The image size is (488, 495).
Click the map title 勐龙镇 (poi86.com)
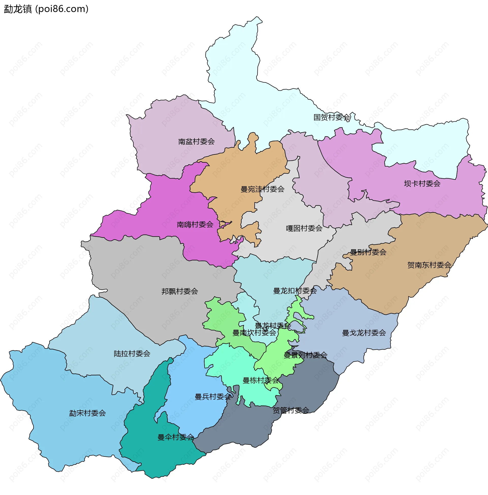tap(46, 9)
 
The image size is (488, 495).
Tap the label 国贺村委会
tap(332, 117)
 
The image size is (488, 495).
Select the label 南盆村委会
tap(196, 142)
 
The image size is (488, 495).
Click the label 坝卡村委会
tap(422, 184)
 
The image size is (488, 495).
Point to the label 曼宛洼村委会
tap(263, 189)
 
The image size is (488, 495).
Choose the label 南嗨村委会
tap(195, 224)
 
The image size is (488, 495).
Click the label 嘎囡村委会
tap(304, 228)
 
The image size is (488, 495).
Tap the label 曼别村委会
tap(368, 252)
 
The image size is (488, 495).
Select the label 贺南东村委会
tap(429, 265)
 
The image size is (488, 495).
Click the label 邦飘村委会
tap(180, 291)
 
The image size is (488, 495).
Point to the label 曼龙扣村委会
tap(295, 291)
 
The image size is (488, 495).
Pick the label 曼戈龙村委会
tap(364, 333)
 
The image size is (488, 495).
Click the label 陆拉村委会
tap(132, 354)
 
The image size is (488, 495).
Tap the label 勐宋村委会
tap(87, 413)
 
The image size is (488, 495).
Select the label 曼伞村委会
tap(176, 437)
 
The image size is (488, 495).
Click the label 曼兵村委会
tap(213, 397)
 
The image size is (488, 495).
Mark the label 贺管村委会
tap(291, 410)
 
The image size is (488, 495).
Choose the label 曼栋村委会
tap(261, 380)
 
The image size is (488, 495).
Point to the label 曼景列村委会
tap(306, 355)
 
